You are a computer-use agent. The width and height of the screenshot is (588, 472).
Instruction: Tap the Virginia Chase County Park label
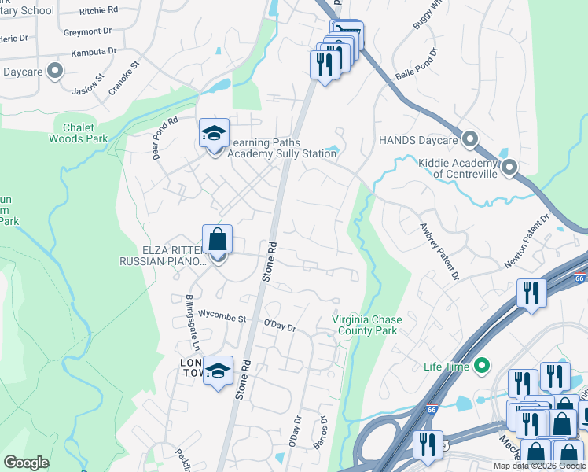click(365, 325)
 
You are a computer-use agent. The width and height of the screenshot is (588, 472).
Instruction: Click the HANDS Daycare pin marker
click(470, 139)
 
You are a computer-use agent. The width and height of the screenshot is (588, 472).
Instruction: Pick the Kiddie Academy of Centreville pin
click(509, 167)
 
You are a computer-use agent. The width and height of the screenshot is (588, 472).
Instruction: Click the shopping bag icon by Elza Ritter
click(218, 240)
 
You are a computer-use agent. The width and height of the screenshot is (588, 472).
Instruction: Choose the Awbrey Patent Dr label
click(438, 250)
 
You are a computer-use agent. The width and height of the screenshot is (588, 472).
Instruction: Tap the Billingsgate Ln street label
click(189, 323)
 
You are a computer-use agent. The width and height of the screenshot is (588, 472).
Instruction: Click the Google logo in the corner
click(27, 463)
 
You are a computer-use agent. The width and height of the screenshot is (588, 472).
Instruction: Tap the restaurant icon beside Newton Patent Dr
click(531, 293)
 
